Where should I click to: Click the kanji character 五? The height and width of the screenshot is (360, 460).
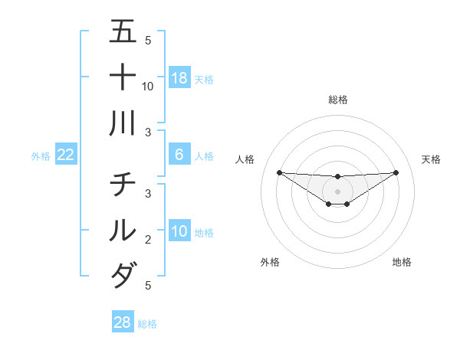point(122,32)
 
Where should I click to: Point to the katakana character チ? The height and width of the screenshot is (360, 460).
point(122,185)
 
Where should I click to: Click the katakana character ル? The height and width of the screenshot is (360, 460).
point(122,229)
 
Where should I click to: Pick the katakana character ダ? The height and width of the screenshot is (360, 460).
point(122,274)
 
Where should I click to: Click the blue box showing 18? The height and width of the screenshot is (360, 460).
point(179,77)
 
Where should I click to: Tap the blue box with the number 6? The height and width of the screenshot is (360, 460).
point(179,155)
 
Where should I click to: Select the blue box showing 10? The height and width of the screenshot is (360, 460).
point(179,231)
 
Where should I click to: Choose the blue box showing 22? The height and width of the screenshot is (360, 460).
point(66,155)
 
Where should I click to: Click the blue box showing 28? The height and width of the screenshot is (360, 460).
point(122,322)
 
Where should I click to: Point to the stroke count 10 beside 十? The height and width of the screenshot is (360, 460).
point(148,86)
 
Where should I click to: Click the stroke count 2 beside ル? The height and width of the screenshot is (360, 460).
point(148,239)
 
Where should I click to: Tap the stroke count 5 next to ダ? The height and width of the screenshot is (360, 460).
point(148,285)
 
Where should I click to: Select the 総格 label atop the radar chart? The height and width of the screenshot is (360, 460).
point(338,100)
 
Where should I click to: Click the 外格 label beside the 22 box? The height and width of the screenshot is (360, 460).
point(41,156)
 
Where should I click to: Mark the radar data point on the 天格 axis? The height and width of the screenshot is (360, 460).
point(396,172)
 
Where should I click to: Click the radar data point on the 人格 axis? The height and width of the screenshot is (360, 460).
point(279,172)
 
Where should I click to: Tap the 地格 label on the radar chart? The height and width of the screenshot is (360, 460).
point(402,262)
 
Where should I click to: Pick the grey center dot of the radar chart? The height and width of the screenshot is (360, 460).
point(338,191)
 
